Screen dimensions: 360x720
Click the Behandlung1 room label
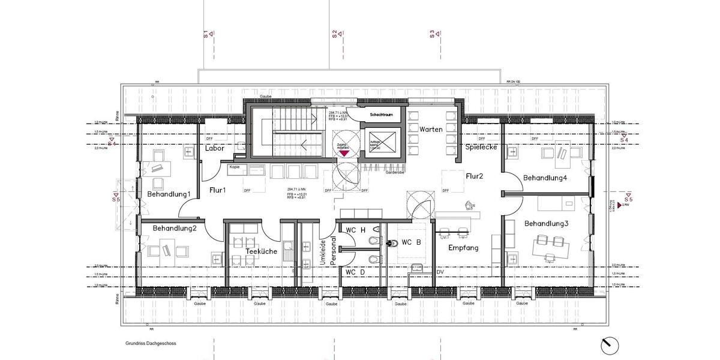[169, 194]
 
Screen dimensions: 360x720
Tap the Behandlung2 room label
[175, 228]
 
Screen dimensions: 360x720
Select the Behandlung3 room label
[546, 223]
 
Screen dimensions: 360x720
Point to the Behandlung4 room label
[545, 178]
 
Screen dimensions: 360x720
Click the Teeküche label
[261, 251]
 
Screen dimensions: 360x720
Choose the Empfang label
[463, 247]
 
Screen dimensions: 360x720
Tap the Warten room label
[431, 130]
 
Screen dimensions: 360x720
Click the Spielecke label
[480, 146]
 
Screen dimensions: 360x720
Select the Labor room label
[214, 148]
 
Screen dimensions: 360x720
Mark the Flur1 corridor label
[217, 190]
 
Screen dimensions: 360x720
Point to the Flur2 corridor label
[475, 176]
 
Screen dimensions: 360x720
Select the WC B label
[411, 242]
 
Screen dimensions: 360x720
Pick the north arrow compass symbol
[608, 344]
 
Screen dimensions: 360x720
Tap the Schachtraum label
[381, 115]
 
